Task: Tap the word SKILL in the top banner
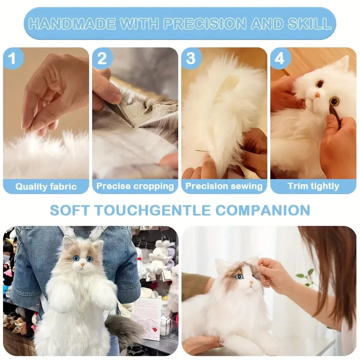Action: [x=309, y=23]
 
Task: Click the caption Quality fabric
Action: [x=46, y=187]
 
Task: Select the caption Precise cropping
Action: [x=135, y=186]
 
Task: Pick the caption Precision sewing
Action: [x=224, y=186]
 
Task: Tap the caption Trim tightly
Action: [x=313, y=186]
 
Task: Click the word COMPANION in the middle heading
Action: [x=263, y=210]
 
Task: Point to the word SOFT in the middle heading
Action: [x=69, y=210]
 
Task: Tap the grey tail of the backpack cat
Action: [x=118, y=321]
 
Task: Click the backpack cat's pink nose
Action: [x=82, y=265]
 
